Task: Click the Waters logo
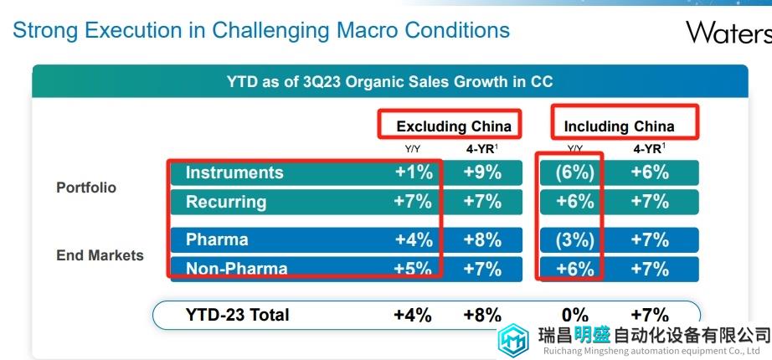(728, 32)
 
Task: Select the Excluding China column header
(453, 126)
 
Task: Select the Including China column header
(619, 126)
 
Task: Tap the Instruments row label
(234, 172)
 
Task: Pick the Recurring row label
(226, 202)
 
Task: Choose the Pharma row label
(216, 240)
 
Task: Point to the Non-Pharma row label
(236, 269)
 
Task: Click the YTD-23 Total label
(237, 315)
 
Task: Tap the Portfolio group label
(86, 188)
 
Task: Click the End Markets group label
(100, 255)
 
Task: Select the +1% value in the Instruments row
(414, 172)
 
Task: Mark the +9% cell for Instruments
(482, 172)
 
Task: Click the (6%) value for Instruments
(574, 172)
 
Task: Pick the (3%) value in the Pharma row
(574, 240)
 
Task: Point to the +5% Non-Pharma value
(414, 269)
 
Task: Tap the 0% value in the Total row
(574, 315)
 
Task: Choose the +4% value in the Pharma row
(414, 240)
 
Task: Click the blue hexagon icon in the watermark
(512, 340)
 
